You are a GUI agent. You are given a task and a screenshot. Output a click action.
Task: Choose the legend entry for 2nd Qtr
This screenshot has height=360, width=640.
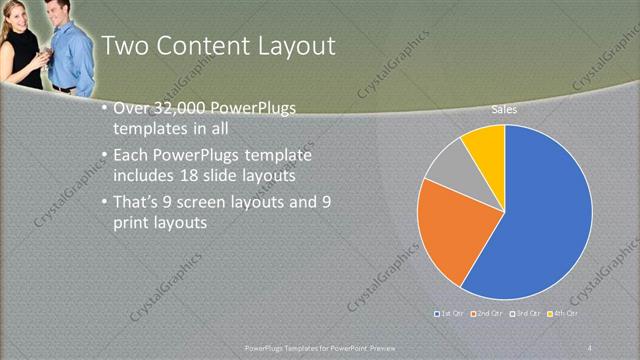[x=487, y=313]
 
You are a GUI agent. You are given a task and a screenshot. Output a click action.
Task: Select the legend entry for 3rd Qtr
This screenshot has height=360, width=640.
[x=526, y=313]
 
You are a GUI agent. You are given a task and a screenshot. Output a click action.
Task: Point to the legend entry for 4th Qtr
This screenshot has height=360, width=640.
[x=565, y=313]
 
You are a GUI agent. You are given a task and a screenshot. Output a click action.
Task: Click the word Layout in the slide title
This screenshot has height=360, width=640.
[x=292, y=46]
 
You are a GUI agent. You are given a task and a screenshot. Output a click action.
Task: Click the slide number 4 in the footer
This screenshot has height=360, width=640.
[x=590, y=346]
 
